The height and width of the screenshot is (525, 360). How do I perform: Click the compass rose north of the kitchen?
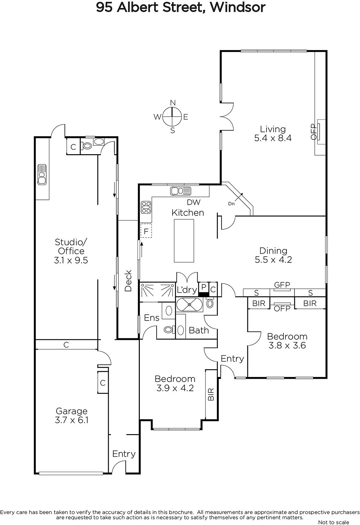172,116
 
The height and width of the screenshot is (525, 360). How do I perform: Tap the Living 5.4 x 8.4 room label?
273,133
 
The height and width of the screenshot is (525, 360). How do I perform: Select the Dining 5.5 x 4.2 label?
273,255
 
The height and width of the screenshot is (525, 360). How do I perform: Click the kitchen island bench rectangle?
184,241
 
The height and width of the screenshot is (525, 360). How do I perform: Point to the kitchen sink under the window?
180,191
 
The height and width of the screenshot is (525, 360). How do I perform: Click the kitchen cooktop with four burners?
146,207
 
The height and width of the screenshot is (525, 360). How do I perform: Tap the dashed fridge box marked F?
146,231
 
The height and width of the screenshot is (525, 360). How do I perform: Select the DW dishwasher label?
194,202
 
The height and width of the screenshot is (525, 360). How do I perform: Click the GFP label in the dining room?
282,285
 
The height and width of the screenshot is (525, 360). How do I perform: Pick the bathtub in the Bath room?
189,304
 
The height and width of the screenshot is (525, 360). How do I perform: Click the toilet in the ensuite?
169,330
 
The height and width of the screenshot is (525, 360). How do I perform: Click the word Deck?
128,281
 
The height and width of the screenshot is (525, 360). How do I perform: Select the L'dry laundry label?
187,290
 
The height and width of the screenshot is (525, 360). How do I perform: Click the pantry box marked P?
203,287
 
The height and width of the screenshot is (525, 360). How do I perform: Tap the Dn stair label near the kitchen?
231,204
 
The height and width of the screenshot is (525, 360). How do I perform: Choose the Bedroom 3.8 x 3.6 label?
287,341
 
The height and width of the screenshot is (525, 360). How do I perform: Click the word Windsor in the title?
238,8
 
